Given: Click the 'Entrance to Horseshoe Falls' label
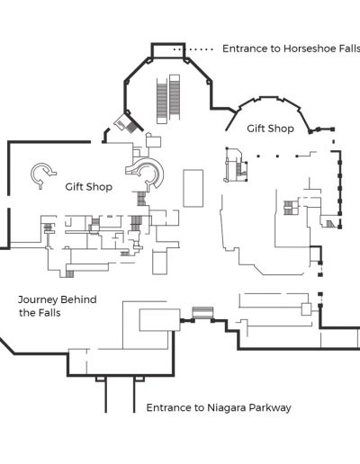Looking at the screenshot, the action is point(291,49).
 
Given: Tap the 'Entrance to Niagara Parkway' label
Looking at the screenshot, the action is point(219,407).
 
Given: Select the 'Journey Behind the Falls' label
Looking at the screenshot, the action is point(58,306).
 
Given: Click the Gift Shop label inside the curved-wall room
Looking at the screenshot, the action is point(270,129).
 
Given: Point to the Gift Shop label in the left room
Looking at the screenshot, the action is point(89,187).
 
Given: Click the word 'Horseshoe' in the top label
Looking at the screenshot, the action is point(309,49).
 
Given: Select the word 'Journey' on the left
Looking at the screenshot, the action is point(38,299).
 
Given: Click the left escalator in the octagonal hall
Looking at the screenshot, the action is point(162,101).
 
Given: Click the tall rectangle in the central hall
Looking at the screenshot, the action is point(193,188).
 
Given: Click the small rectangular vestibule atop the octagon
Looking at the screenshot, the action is point(167,50).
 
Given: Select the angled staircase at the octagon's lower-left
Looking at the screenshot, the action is point(127,123).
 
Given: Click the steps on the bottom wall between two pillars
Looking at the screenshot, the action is point(202,313).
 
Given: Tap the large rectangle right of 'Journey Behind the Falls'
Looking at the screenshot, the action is point(160,320).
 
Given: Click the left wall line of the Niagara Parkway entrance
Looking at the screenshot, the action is point(105,395).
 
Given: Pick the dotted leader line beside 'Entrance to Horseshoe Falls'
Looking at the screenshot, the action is point(193,49).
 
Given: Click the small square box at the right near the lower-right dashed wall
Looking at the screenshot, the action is point(306,309).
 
